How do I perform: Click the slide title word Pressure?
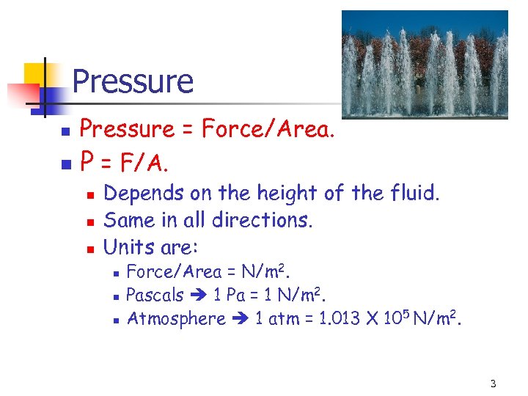click(x=133, y=81)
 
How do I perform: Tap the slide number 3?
click(x=494, y=384)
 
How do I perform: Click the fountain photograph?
click(x=425, y=64)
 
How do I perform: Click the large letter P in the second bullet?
click(x=87, y=161)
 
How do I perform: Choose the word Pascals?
click(x=155, y=295)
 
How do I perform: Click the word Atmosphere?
click(x=176, y=318)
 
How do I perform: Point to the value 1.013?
click(x=340, y=318)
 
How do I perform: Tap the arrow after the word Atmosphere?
click(x=240, y=319)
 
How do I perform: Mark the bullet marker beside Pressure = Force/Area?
click(x=65, y=131)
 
